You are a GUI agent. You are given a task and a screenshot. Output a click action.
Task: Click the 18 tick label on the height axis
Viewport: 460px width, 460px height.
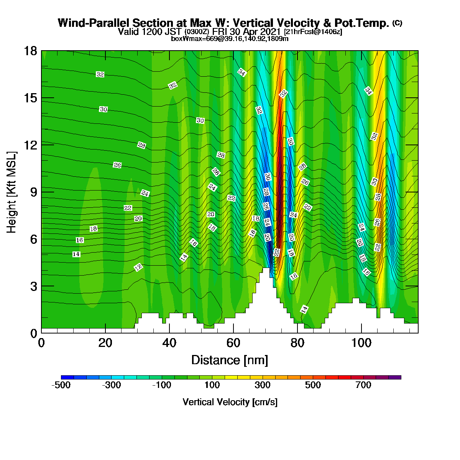[31, 51]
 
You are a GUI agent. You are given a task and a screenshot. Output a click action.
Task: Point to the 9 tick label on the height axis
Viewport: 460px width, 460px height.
[34, 192]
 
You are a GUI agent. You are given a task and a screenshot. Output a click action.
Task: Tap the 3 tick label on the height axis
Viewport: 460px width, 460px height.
[34, 286]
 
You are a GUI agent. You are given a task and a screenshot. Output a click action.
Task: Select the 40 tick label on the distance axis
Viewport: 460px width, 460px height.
[169, 343]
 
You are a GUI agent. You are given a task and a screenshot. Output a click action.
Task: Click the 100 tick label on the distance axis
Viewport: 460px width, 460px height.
[361, 343]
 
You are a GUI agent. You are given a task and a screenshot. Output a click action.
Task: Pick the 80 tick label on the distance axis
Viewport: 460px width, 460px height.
[297, 343]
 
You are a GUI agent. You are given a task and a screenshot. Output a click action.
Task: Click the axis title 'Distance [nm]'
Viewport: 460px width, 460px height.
[230, 360]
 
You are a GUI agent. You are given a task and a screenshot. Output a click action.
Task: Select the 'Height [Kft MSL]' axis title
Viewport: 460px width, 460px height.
[11, 192]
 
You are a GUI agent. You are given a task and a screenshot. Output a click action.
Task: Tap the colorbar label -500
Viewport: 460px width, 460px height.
[61, 385]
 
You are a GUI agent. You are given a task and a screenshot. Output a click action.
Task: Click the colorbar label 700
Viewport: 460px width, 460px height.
[363, 385]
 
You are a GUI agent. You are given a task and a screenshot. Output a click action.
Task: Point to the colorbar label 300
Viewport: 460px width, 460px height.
[262, 385]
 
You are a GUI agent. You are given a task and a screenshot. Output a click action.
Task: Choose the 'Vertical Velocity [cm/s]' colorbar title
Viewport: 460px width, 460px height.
[230, 402]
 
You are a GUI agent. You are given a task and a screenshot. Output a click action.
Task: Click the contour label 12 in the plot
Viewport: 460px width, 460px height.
[138, 267]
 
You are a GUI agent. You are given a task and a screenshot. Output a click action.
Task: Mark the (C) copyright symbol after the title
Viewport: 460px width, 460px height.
[397, 23]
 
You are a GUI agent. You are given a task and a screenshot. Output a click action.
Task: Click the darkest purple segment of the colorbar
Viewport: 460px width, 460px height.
[395, 377]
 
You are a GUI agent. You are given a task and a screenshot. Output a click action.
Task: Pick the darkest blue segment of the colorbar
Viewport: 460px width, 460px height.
[67, 377]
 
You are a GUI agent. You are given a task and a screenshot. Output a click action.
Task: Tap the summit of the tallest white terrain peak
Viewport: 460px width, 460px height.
[266, 268]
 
